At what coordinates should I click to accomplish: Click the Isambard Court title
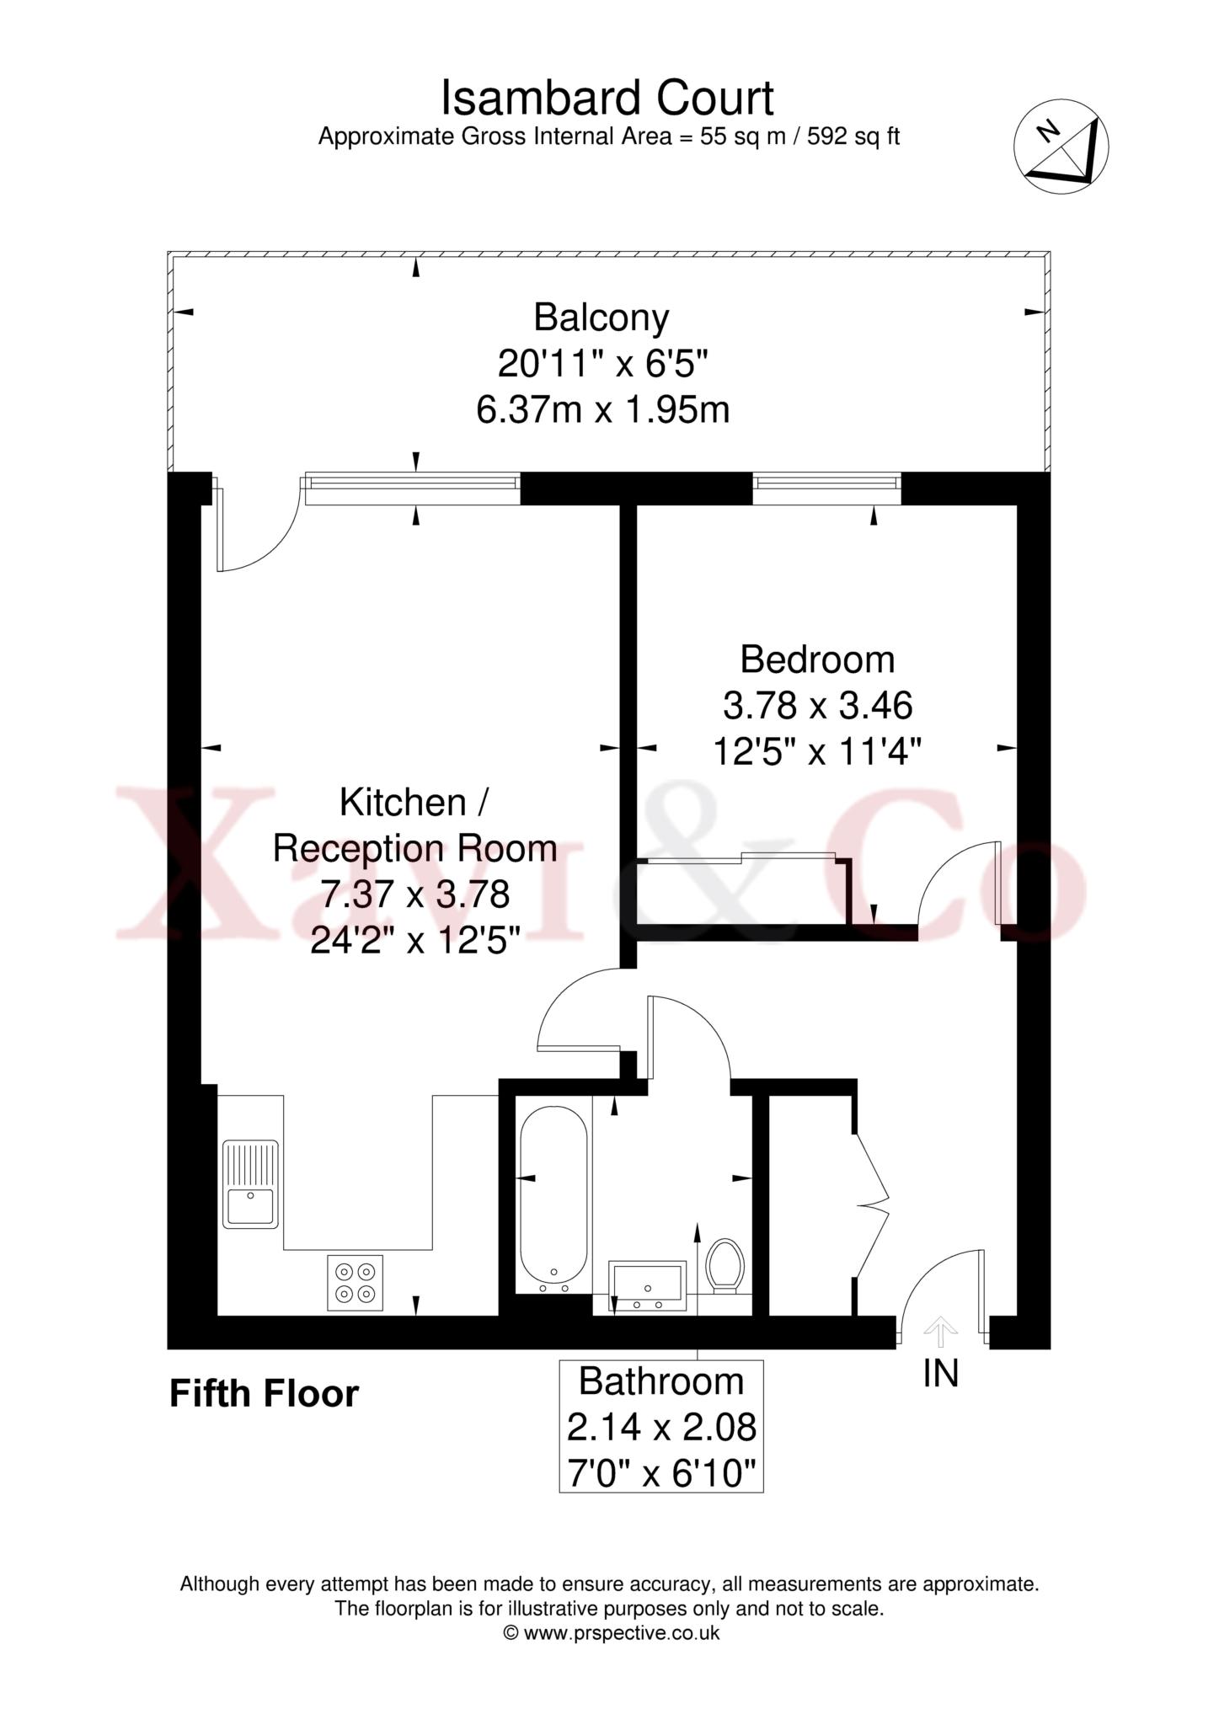click(x=607, y=99)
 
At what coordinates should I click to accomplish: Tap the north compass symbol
click(x=1061, y=146)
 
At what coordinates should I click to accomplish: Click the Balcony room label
click(x=601, y=318)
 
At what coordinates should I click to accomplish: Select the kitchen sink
click(x=250, y=1183)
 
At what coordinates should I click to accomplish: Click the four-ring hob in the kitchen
click(x=355, y=1283)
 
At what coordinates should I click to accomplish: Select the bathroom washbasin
click(x=647, y=1288)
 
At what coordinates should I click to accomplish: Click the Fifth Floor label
click(x=265, y=1394)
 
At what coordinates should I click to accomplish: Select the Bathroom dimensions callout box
click(x=661, y=1426)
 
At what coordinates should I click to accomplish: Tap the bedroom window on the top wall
click(x=826, y=489)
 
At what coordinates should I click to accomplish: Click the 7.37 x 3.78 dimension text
click(x=415, y=894)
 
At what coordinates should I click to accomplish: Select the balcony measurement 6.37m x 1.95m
click(x=602, y=410)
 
